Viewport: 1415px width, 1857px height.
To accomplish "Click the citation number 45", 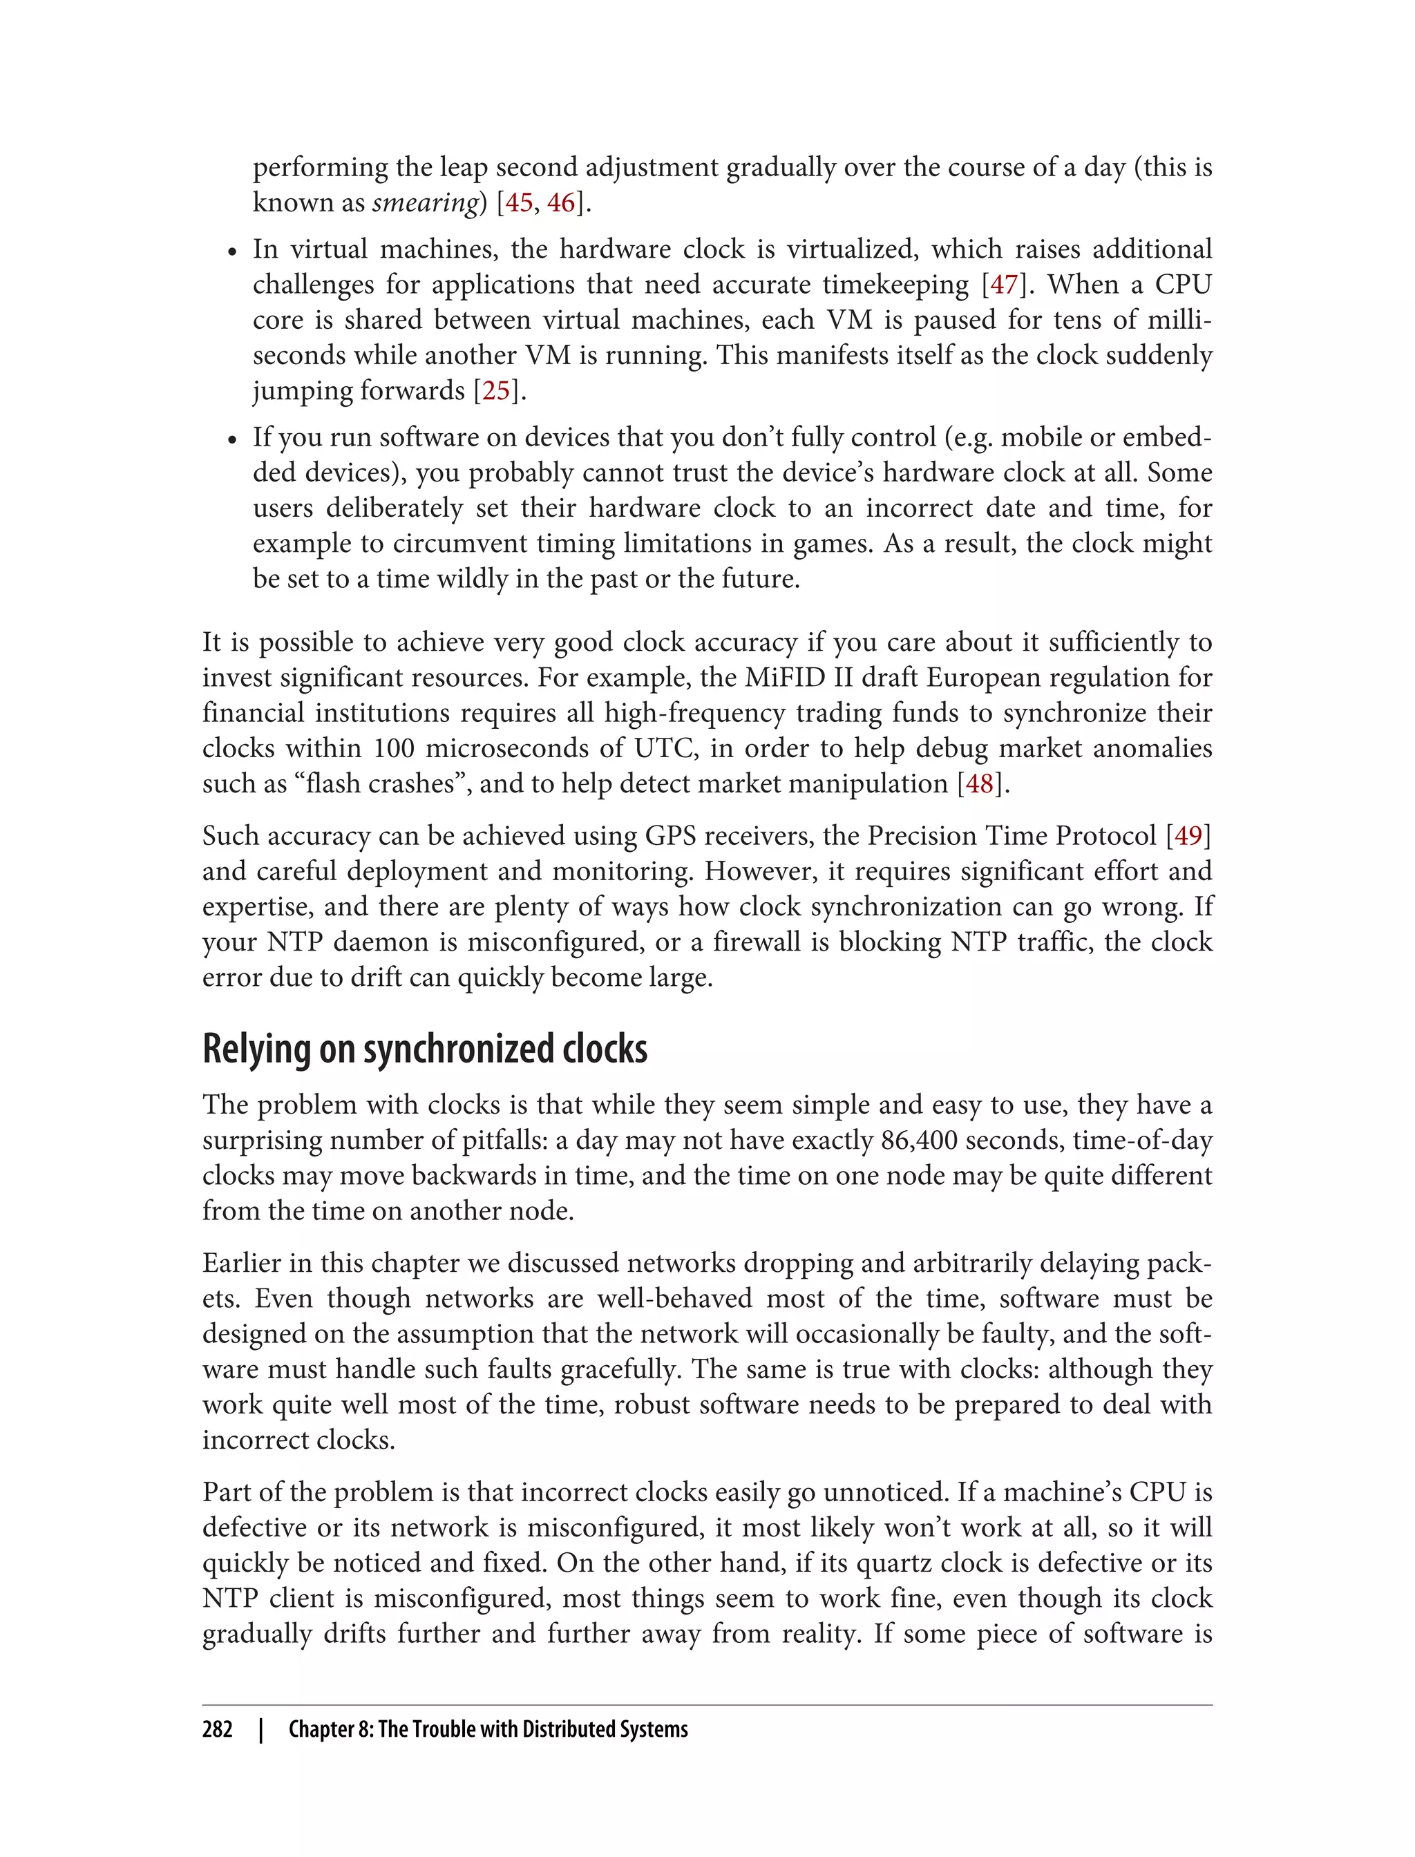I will [x=518, y=203].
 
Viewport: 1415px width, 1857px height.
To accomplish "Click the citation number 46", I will [x=561, y=203].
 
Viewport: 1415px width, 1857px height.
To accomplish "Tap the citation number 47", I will [x=1004, y=285].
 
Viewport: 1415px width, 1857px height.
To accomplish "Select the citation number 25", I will [x=496, y=391].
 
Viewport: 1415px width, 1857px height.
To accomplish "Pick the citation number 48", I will [x=980, y=784].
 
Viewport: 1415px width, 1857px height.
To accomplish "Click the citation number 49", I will [x=1188, y=837].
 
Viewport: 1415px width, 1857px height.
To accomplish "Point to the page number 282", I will [x=218, y=1729].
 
